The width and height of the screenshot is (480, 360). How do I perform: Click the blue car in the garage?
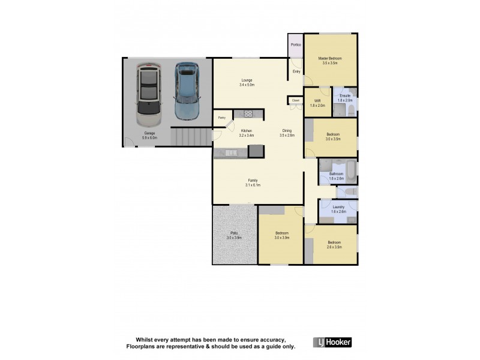(187, 92)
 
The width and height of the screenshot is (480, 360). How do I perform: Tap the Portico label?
(296, 45)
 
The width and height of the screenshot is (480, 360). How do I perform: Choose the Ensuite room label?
(345, 95)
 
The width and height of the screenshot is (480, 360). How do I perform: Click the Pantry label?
(221, 118)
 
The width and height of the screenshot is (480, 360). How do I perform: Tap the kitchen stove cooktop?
(246, 113)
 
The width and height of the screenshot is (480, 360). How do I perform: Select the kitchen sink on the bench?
(227, 154)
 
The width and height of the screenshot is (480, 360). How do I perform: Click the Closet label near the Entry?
(296, 100)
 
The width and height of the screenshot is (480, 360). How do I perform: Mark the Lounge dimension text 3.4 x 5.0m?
(247, 85)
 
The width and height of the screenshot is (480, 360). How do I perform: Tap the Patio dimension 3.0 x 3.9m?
(233, 238)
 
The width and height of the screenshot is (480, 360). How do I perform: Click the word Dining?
(287, 131)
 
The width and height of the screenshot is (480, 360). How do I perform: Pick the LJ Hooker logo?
(332, 342)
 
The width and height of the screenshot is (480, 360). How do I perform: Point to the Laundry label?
(338, 207)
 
